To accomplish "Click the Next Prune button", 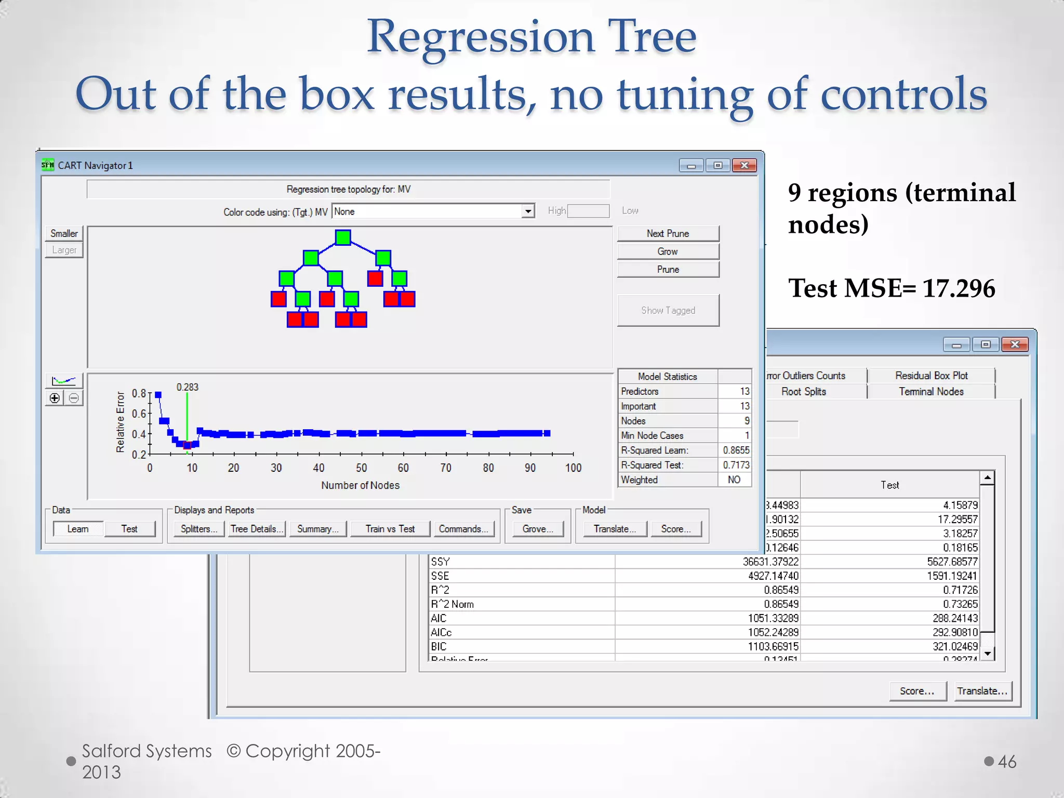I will (668, 234).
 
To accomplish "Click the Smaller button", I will (64, 234).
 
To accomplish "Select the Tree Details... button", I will (257, 529).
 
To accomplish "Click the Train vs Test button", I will (390, 529).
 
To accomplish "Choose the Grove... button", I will (537, 529).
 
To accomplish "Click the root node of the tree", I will (343, 238).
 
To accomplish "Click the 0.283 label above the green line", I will (187, 387).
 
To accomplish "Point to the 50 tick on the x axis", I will (362, 468).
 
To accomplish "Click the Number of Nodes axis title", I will (360, 485).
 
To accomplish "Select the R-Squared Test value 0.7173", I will (736, 465).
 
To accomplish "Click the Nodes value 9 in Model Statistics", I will (747, 421).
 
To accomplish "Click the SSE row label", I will (440, 576).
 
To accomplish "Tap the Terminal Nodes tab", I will (931, 392).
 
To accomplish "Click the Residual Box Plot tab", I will (931, 376).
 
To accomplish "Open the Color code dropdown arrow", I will (528, 211).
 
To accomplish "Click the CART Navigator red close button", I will (744, 165).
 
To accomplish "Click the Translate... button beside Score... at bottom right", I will (982, 691).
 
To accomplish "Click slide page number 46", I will (1007, 762).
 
